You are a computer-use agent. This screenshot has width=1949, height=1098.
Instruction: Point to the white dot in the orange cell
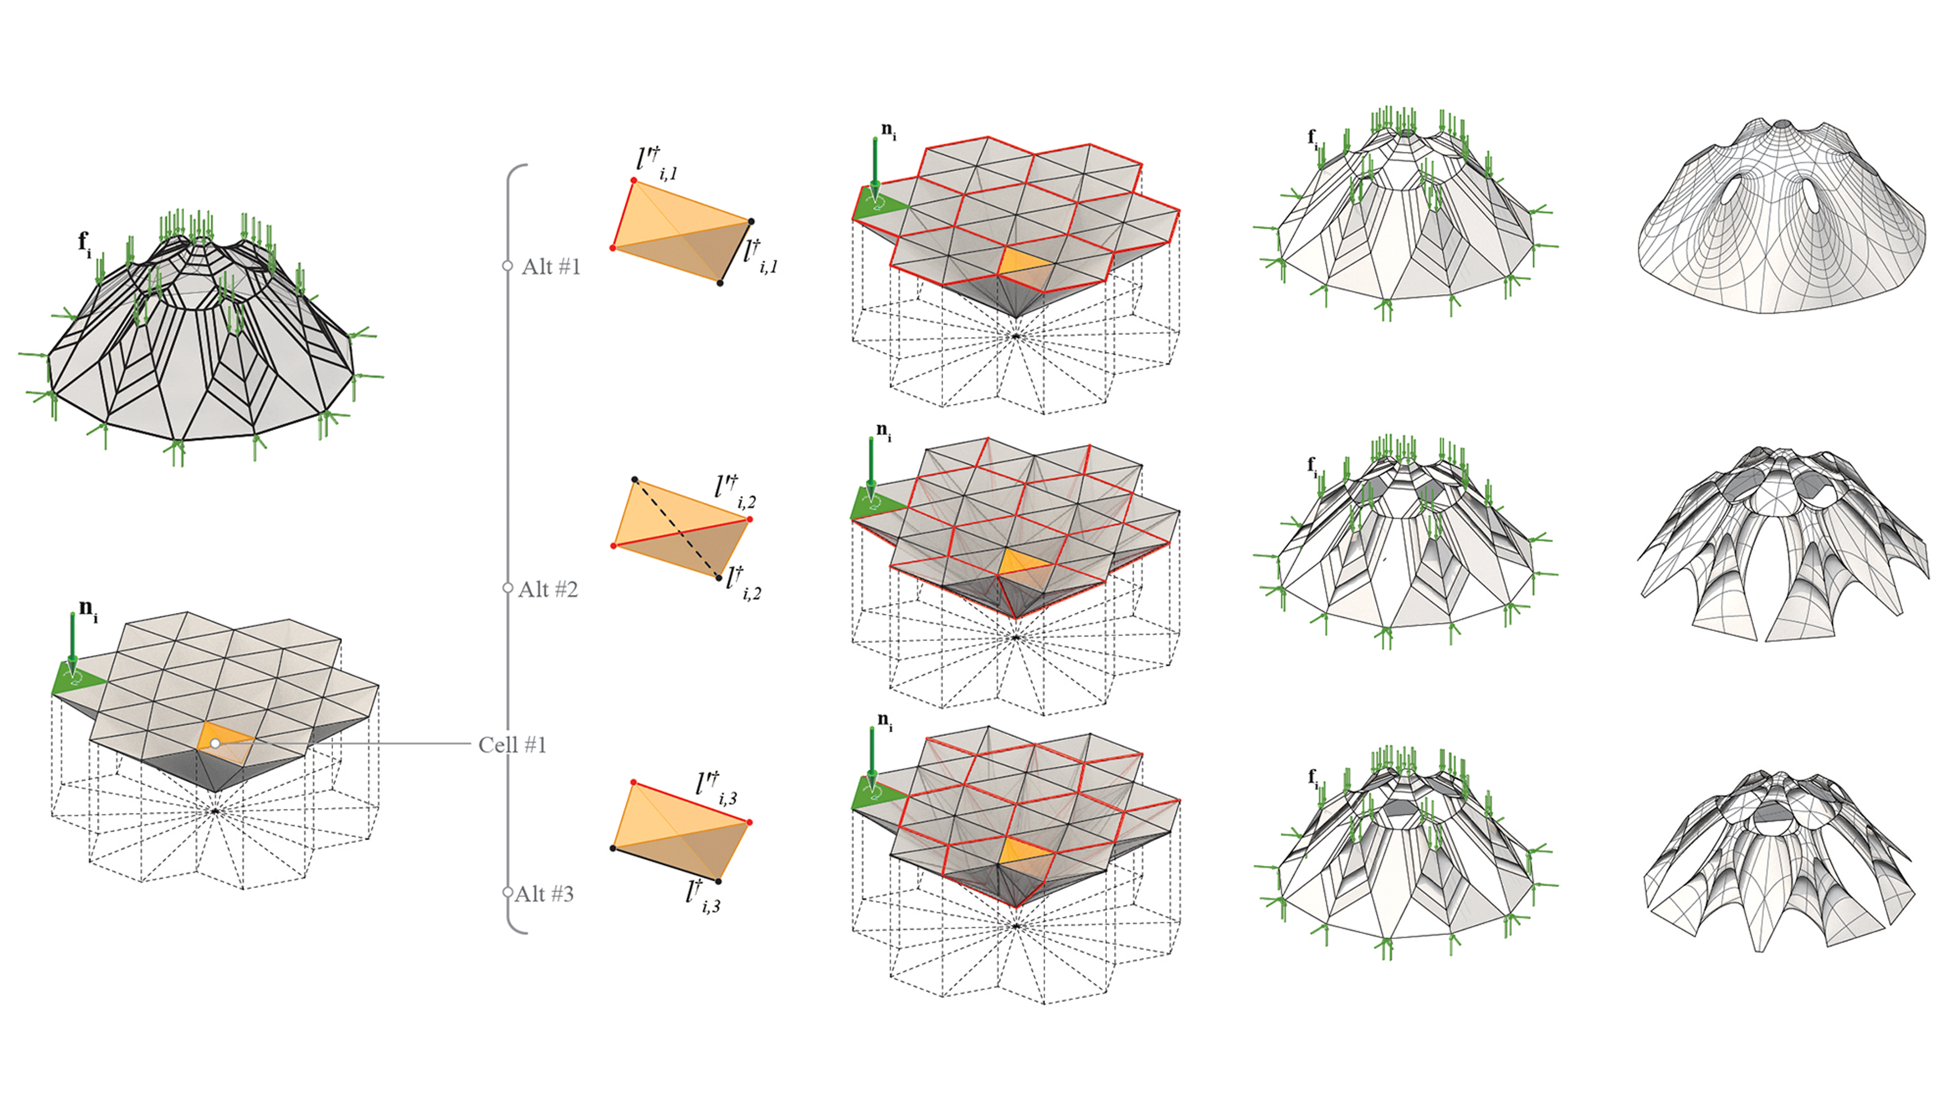coord(215,744)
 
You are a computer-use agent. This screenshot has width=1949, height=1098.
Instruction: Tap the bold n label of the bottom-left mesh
coord(88,610)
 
